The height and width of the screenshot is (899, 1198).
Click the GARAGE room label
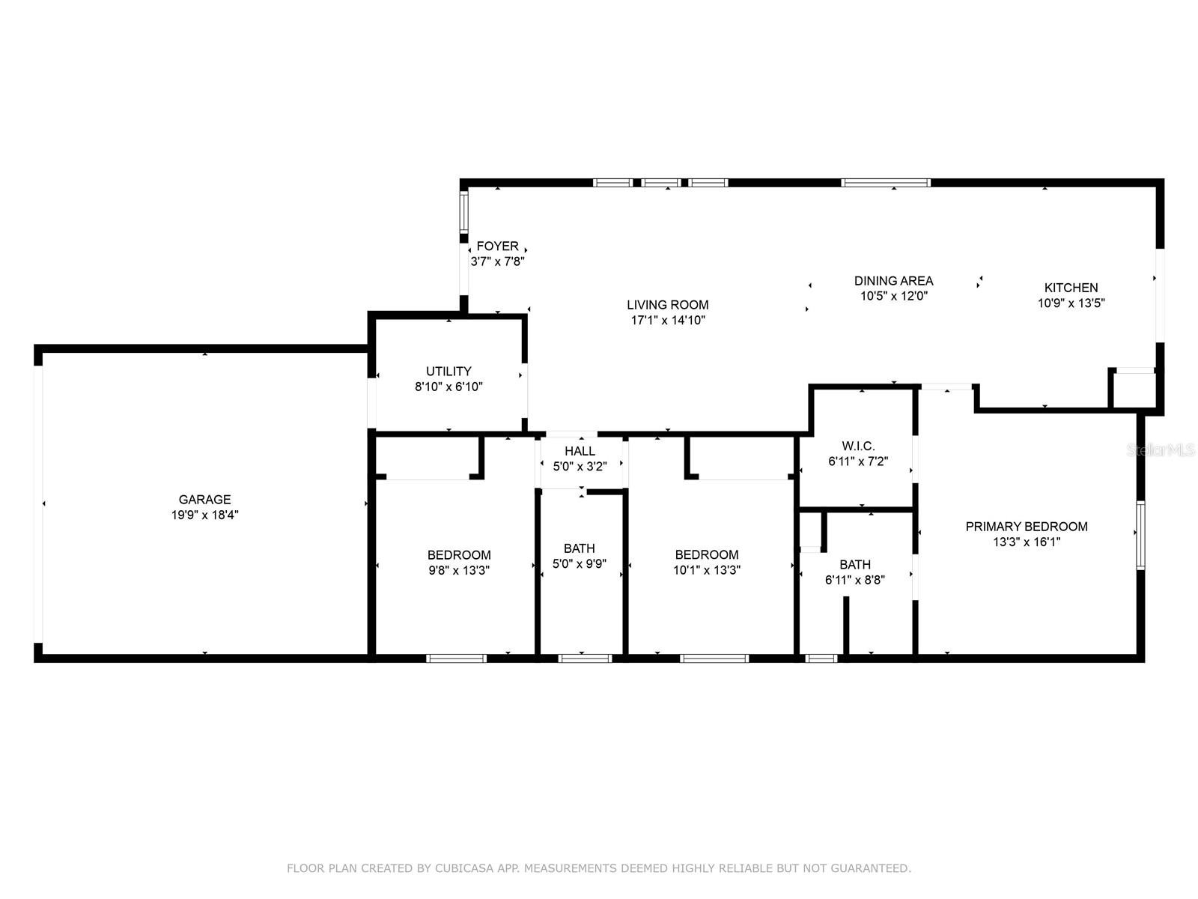204,499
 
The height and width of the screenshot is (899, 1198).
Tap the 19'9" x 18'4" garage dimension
204,515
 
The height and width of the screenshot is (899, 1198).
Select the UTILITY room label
449,371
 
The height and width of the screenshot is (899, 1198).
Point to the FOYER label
497,246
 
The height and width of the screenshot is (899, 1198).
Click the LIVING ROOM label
667,305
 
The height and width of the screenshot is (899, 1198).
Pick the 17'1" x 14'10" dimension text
667,321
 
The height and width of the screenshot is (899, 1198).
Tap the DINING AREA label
893,280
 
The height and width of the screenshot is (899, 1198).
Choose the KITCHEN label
1071,288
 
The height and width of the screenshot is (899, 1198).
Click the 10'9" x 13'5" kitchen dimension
1071,303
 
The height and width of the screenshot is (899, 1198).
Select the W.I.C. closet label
858,446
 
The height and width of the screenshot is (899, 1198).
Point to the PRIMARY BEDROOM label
1026,526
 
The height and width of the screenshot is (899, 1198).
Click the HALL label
580,451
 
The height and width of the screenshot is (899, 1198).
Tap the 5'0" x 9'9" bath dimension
579,564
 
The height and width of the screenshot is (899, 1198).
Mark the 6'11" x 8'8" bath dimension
855,580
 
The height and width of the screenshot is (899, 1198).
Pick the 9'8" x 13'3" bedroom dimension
458,570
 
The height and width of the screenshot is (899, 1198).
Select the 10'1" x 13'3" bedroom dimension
706,570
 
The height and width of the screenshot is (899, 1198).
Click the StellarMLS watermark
1161,449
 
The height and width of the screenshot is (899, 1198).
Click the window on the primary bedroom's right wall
1140,535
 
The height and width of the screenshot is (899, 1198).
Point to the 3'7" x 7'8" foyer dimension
497,261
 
